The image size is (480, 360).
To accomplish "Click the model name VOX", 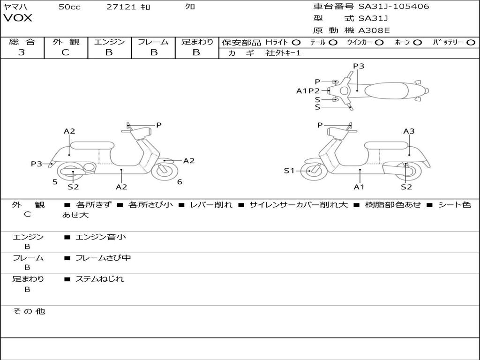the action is coord(18,18).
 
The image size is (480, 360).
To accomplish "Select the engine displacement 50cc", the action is coord(69,7).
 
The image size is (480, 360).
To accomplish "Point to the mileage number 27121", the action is coord(121,7).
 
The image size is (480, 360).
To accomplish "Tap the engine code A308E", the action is coord(374,30).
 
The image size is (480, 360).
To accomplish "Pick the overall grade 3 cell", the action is coord(22,52).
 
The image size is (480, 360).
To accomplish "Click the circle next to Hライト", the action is coord(296,42).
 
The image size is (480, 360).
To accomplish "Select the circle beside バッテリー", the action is coord(470,42).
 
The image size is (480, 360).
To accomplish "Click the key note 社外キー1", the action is coord(283,53).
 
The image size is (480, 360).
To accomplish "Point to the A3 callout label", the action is coord(409,131).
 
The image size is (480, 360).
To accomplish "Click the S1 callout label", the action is coord(289,171).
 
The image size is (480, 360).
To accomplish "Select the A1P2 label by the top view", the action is coord(307,91).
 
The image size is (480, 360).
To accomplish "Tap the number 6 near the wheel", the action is coord(180,182).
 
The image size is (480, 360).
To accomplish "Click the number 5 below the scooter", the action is coord(55,182).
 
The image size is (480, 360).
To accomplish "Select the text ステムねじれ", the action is coord(100,279).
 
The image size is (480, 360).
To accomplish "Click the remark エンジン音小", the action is coord(101,237).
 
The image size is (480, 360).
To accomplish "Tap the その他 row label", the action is coord(29,311).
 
